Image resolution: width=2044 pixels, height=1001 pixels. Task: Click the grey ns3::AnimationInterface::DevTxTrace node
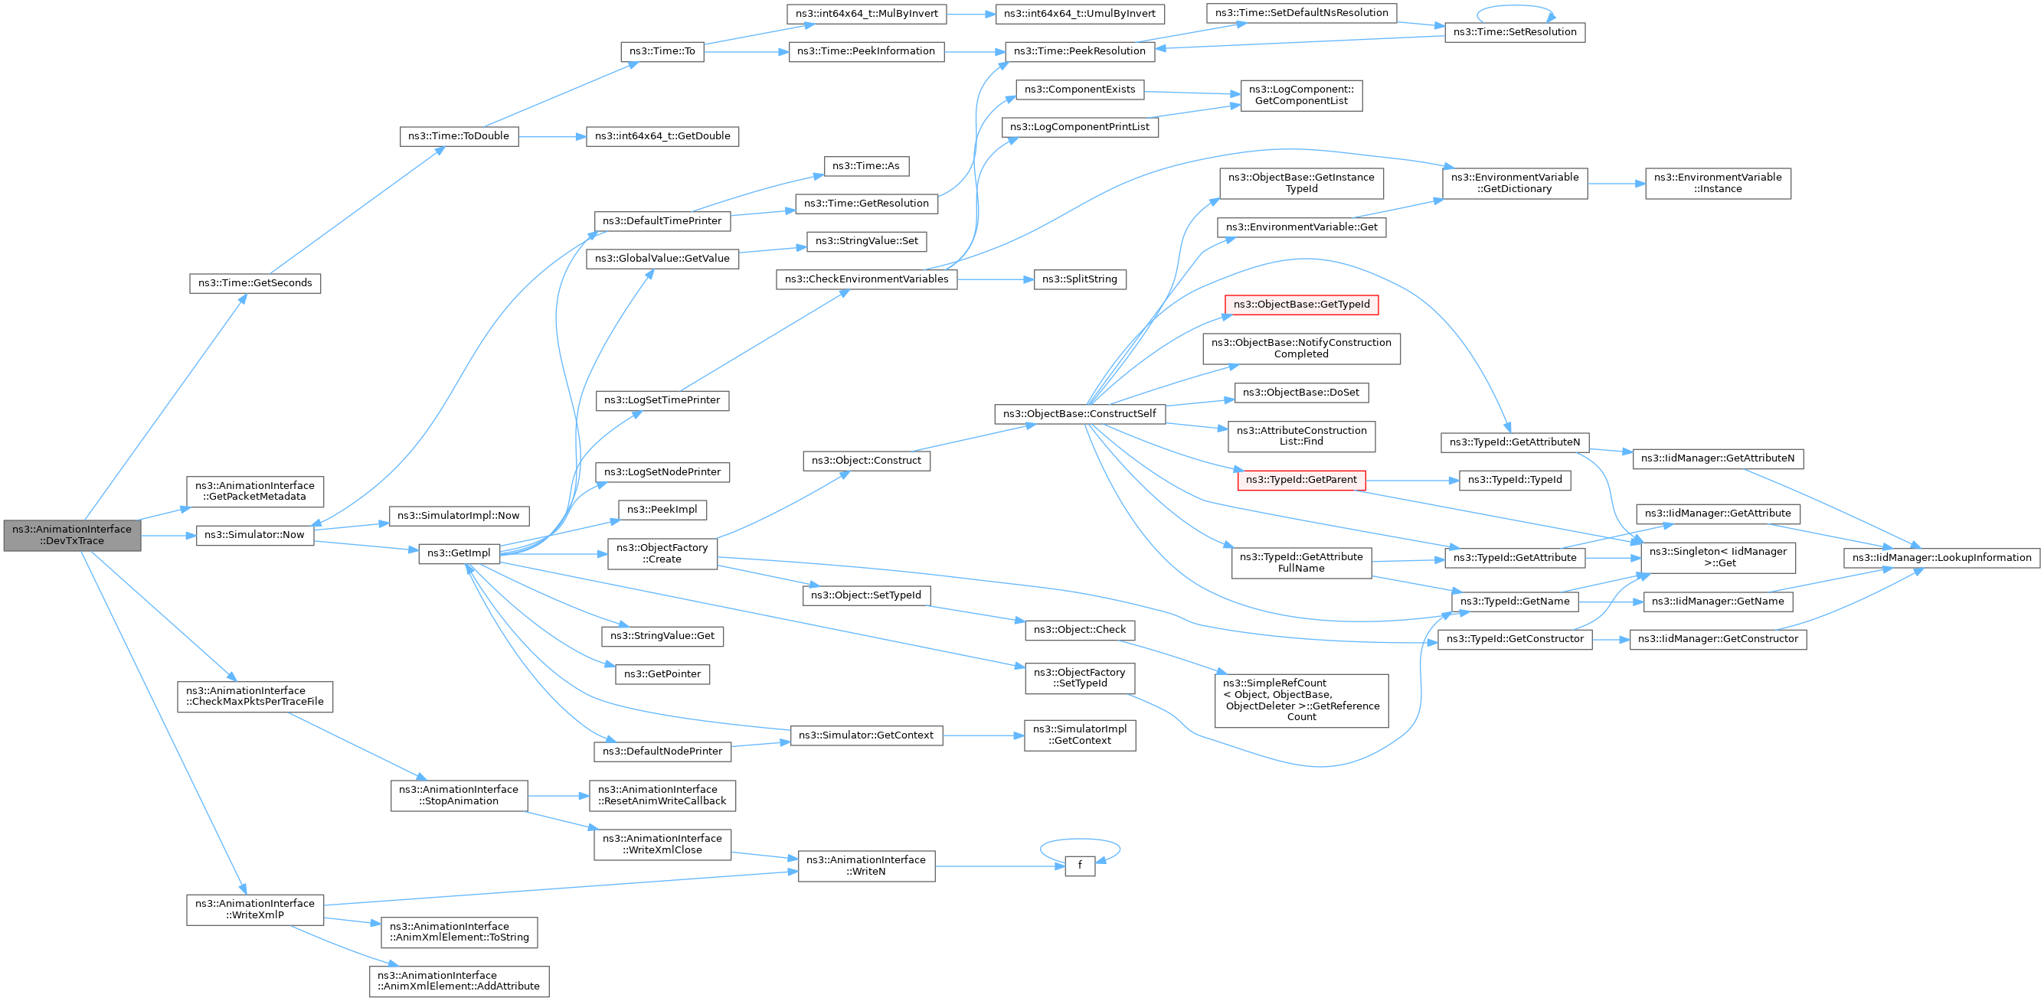point(72,536)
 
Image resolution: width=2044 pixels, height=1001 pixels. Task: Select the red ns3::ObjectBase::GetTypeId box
point(1301,305)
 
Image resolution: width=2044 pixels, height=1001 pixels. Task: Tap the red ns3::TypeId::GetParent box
point(1301,480)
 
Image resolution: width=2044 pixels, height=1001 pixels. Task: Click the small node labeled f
point(1080,866)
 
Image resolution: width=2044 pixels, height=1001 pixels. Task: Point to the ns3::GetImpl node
point(459,553)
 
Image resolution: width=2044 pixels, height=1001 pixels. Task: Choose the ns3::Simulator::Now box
point(255,536)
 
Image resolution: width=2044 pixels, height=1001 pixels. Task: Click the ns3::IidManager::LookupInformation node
point(1941,558)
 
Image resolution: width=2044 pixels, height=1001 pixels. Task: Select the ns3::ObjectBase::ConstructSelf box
point(1080,414)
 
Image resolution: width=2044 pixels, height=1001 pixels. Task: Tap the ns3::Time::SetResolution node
point(1515,32)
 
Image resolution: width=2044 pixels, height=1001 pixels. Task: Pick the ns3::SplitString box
point(1080,279)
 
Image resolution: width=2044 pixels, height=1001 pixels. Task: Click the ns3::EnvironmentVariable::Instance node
point(1718,183)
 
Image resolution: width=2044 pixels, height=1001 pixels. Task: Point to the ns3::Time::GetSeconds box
point(255,283)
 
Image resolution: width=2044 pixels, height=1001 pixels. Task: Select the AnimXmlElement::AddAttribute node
point(459,981)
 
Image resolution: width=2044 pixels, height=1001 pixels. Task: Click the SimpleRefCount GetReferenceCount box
point(1301,700)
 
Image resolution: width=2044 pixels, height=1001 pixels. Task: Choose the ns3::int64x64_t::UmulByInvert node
point(1080,14)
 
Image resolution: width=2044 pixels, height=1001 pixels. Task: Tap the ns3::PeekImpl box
point(662,510)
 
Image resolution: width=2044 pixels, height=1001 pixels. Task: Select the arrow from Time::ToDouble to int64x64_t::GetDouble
point(552,136)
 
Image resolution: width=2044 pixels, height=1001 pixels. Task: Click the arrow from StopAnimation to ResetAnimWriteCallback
point(558,796)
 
